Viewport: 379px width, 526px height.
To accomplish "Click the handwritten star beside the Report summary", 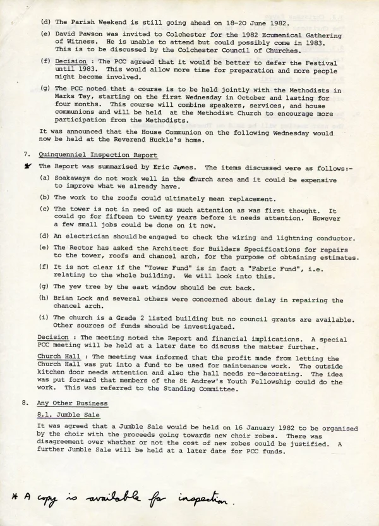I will [x=28, y=166].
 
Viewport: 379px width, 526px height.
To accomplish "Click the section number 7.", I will [x=25, y=155].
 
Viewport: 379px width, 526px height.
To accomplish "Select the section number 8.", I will [x=25, y=403].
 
